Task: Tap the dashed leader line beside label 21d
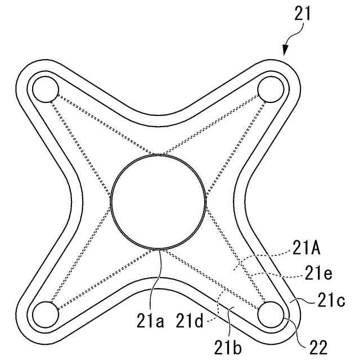218,307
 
